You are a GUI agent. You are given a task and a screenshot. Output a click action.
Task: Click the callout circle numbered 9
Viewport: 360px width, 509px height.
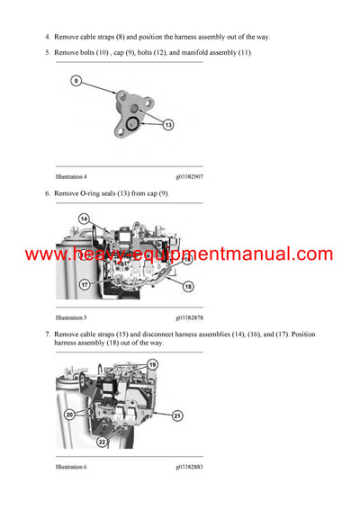click(76, 81)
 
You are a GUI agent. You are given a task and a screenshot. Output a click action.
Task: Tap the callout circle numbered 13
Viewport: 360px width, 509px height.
click(168, 125)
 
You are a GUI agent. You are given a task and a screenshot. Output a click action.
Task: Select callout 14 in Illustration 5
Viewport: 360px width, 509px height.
click(84, 219)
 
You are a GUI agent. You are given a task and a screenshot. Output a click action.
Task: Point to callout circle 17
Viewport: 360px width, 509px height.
click(84, 284)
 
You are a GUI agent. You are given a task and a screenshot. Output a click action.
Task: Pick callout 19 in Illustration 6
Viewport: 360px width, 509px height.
click(177, 364)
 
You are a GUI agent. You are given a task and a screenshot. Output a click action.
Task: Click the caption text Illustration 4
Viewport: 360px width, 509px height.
click(71, 177)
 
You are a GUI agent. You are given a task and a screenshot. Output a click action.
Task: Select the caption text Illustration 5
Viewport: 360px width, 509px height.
click(71, 317)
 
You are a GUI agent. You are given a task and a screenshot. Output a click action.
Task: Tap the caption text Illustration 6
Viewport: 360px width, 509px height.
click(71, 467)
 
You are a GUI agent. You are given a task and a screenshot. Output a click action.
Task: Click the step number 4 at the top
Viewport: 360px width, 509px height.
click(48, 37)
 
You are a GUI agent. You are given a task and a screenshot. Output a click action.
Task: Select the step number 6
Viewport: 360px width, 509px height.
click(48, 193)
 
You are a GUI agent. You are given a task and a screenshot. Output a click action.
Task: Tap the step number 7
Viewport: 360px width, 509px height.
click(48, 334)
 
